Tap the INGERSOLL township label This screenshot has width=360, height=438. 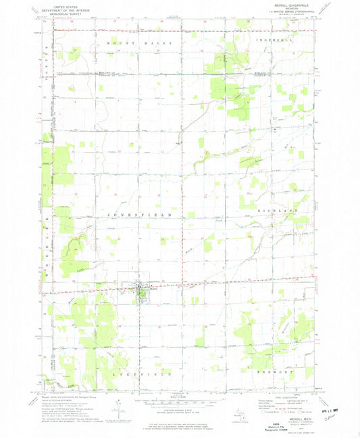272,43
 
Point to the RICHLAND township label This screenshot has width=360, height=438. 274,212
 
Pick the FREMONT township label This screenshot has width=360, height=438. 274,373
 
